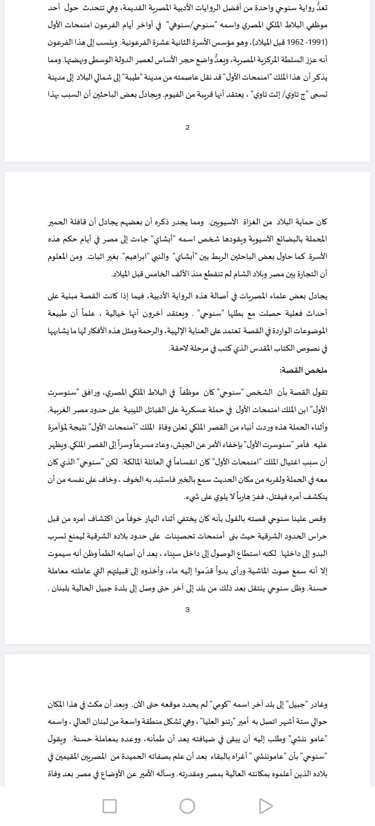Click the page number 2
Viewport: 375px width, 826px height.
[x=187, y=128]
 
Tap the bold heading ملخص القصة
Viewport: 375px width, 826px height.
[x=303, y=370]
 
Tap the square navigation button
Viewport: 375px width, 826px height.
[x=109, y=806]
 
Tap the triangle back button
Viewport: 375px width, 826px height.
[x=265, y=806]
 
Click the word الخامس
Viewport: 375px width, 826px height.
[x=158, y=274]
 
